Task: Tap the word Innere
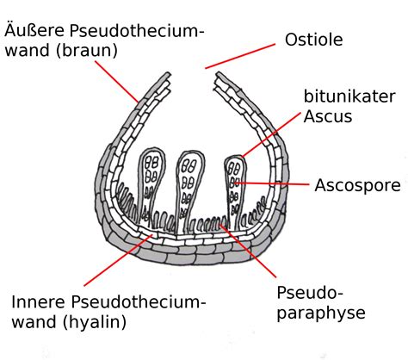pyautogui.click(x=38, y=302)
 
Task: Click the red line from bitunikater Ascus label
pyautogui.click(x=267, y=139)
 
